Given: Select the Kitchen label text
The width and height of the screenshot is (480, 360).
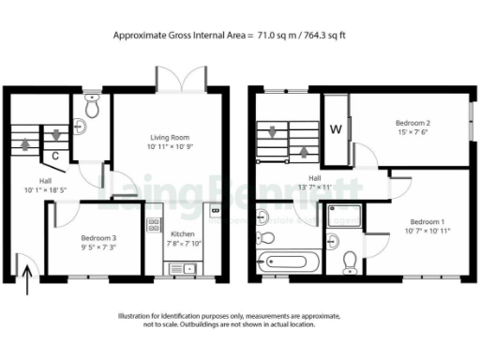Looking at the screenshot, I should pyautogui.click(x=183, y=233).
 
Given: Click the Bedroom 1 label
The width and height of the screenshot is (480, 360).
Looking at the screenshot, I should pyautogui.click(x=427, y=220).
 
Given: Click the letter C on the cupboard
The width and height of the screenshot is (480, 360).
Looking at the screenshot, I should pyautogui.click(x=57, y=156).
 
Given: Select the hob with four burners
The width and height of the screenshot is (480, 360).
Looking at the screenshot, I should pyautogui.click(x=153, y=226).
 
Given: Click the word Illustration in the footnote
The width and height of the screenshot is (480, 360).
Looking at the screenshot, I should pyautogui.click(x=142, y=317).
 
